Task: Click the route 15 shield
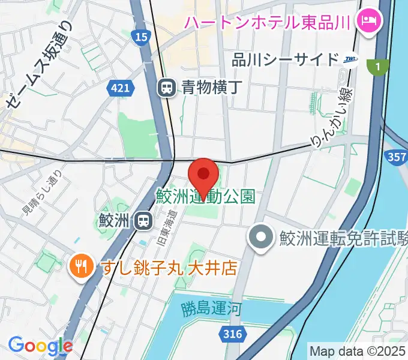140,38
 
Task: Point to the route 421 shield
120,88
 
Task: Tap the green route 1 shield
377,68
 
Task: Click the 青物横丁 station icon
166,88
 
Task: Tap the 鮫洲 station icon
143,221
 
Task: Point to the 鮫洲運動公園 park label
206,196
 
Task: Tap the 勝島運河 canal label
211,310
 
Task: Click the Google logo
40,346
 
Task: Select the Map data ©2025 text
358,351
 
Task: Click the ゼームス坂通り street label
39,66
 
